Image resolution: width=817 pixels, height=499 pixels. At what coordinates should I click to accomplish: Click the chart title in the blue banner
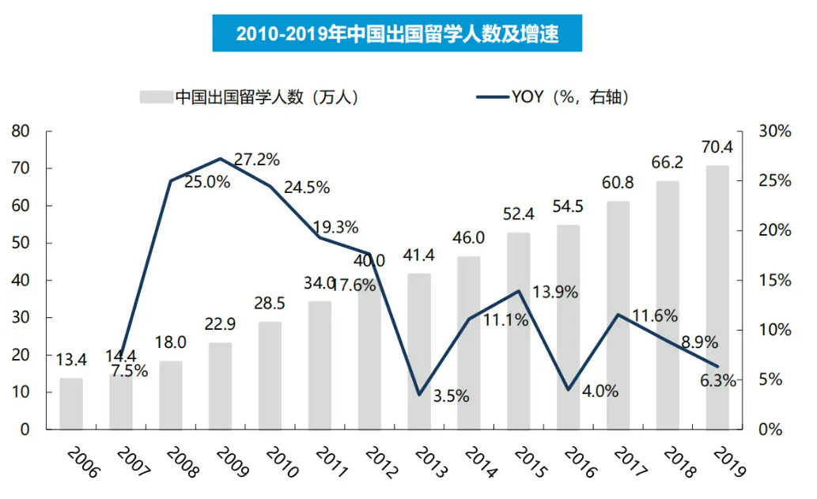point(397,35)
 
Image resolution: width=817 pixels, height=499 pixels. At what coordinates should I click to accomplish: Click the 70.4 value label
point(717,148)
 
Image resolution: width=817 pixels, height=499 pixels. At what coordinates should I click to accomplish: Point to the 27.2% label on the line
point(257,160)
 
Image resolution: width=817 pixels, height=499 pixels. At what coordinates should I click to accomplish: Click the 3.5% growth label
point(451,396)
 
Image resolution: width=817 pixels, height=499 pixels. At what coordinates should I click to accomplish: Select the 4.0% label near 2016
point(601,391)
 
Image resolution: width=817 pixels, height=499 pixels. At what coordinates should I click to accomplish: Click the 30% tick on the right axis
point(774,131)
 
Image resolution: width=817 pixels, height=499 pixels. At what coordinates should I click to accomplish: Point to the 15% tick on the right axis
point(774,281)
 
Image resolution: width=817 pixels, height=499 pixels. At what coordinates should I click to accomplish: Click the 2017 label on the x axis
point(630,462)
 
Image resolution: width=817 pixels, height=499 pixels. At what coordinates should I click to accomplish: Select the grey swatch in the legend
point(156,97)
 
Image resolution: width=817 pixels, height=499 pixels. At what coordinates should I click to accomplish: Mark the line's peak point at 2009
point(221,159)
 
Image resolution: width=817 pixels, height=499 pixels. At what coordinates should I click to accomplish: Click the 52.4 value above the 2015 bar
point(519,215)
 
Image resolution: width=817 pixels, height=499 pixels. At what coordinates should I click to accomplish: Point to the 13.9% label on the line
point(555,293)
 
